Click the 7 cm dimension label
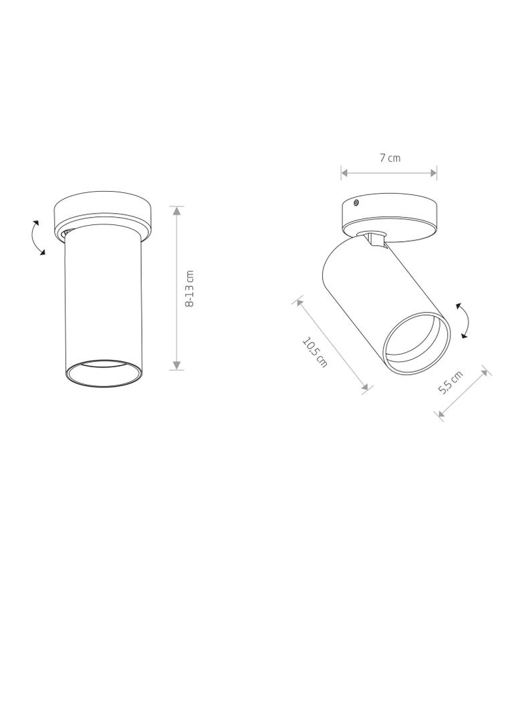(x=390, y=158)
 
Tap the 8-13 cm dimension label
(x=190, y=289)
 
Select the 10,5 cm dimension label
(x=315, y=352)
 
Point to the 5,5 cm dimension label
(x=450, y=382)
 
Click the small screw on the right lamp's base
(x=356, y=202)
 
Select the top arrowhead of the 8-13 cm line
(x=177, y=210)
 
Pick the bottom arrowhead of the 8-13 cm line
(x=177, y=365)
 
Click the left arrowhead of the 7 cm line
(x=345, y=172)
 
